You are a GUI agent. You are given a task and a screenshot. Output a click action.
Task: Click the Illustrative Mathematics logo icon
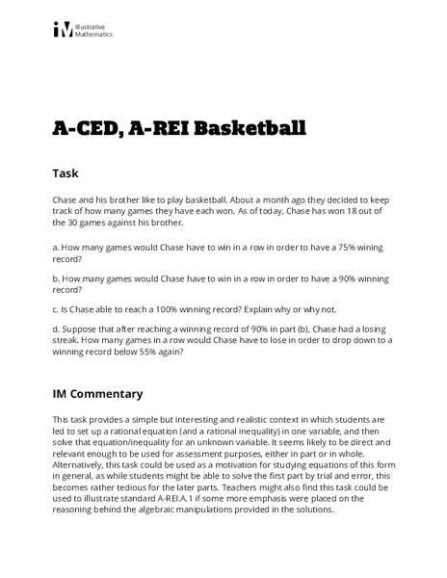click(62, 31)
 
